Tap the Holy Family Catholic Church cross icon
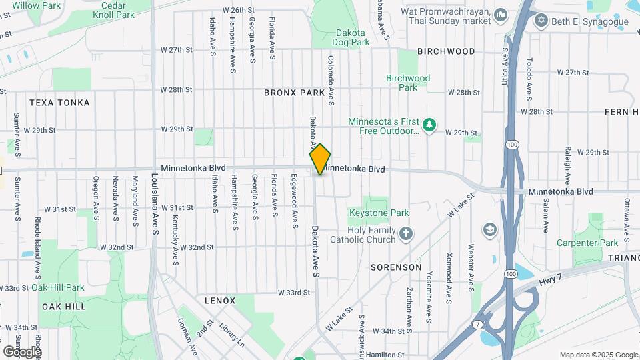[406, 234]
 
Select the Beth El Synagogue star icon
[541, 21]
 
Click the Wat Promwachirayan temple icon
[501, 14]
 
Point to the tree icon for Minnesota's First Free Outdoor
[431, 125]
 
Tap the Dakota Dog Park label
[350, 37]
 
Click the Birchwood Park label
[408, 83]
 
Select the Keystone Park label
[378, 213]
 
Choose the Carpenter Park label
[587, 243]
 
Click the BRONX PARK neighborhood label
[294, 93]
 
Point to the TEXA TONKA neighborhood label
[59, 103]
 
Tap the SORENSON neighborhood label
[396, 267]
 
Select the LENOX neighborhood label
[220, 301]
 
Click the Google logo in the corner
[22, 351]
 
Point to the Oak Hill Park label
[57, 287]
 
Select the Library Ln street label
[233, 335]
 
